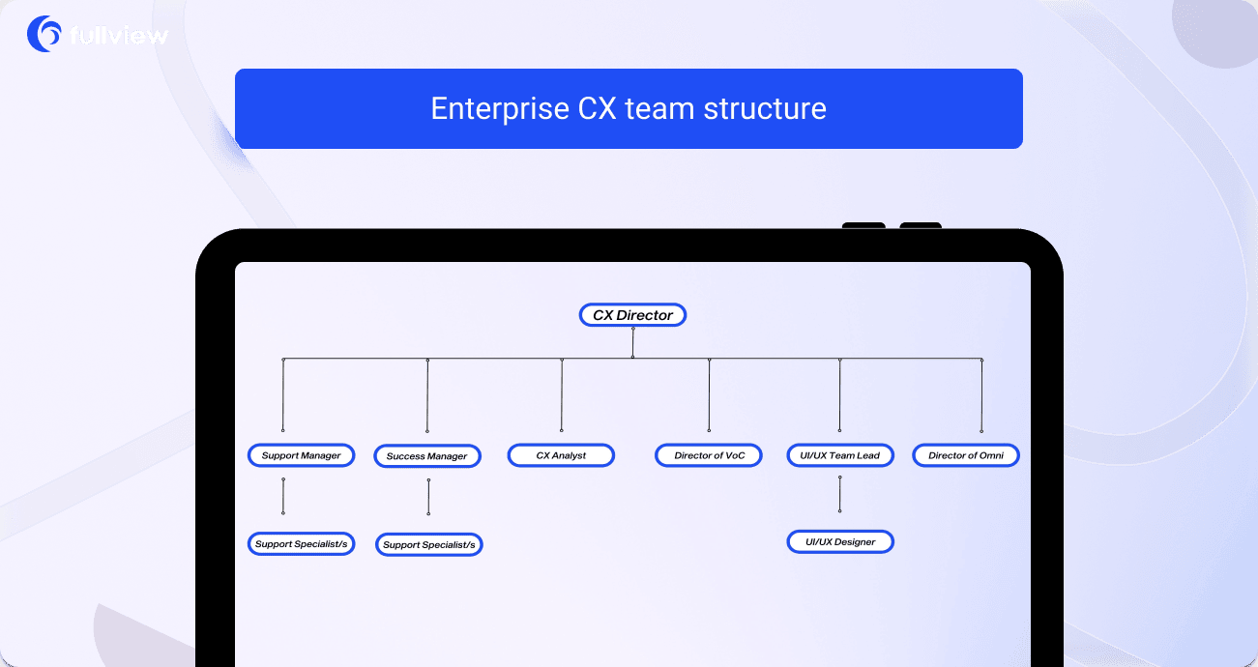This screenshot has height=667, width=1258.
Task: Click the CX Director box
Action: coord(632,315)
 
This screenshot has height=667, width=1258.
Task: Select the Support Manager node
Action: coord(301,455)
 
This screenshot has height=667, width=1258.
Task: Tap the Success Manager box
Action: coord(426,456)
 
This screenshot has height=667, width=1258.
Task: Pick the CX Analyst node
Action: coord(561,455)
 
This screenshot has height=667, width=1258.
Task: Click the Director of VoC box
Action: coord(709,455)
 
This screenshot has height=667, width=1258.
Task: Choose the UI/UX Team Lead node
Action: coord(839,455)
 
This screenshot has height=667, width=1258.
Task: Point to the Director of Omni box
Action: coord(965,455)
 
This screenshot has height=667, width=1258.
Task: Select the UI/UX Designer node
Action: coord(839,542)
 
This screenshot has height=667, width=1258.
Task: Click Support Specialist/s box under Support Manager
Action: coord(301,544)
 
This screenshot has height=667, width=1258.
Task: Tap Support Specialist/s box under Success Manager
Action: coord(428,545)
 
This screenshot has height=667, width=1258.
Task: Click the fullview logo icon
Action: coord(44,35)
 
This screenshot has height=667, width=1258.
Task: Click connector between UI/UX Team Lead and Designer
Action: coord(839,494)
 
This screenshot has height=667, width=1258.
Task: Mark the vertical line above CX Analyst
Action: coord(562,394)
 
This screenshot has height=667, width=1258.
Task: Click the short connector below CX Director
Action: coord(632,342)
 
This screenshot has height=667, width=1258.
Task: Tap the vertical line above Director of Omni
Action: coord(981,394)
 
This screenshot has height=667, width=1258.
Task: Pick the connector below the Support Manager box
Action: coord(282,496)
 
